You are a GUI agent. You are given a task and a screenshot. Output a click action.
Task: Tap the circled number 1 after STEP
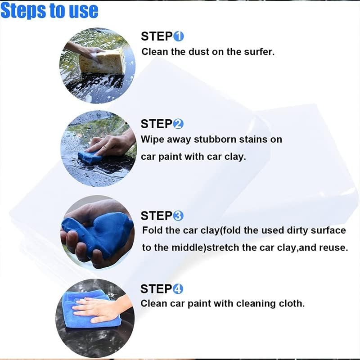click(179, 36)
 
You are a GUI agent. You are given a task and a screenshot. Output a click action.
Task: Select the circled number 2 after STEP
click(178, 124)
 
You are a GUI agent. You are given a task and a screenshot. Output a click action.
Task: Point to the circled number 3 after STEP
click(178, 216)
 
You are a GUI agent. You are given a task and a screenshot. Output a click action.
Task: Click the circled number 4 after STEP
click(178, 289)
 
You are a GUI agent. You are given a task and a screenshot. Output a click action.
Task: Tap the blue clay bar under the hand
click(90, 157)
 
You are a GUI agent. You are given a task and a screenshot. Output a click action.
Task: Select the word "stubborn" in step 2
click(215, 139)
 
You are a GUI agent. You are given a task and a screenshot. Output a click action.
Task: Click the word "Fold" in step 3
click(152, 230)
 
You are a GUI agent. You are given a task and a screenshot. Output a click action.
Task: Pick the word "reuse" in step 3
click(333, 248)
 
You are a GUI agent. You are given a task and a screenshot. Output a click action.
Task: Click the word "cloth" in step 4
click(292, 303)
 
